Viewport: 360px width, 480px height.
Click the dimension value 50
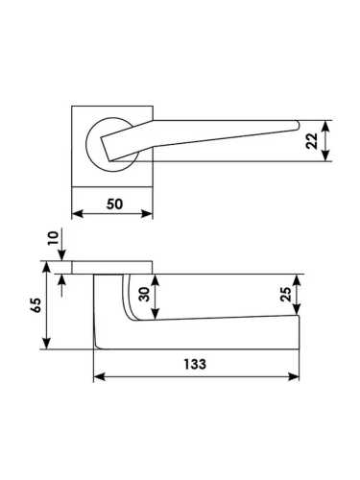(x=114, y=204)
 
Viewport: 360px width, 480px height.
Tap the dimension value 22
(x=312, y=141)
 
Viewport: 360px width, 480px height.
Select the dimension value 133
(x=195, y=364)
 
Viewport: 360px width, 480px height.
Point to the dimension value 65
(x=36, y=305)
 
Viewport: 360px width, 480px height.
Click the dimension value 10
(x=54, y=238)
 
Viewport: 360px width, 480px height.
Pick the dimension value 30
(x=144, y=294)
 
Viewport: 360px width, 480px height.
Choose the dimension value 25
(x=286, y=294)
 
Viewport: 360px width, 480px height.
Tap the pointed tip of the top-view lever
(x=299, y=125)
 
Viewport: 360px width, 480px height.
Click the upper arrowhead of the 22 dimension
(x=325, y=126)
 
